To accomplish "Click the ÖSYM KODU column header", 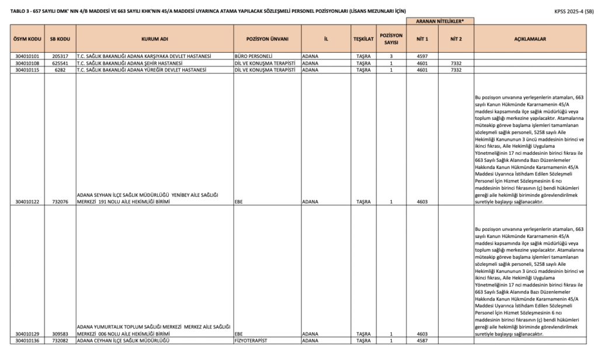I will coord(27,39).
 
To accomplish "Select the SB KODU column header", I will coord(61,39).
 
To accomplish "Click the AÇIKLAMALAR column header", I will coord(530,39).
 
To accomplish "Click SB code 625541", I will coord(61,63).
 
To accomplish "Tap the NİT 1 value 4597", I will coord(422,56).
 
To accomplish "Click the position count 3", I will coord(391,56).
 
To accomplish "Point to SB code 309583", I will coord(61,334).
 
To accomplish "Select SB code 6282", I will coord(61,70).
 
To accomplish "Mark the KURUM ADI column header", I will coord(154,39).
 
